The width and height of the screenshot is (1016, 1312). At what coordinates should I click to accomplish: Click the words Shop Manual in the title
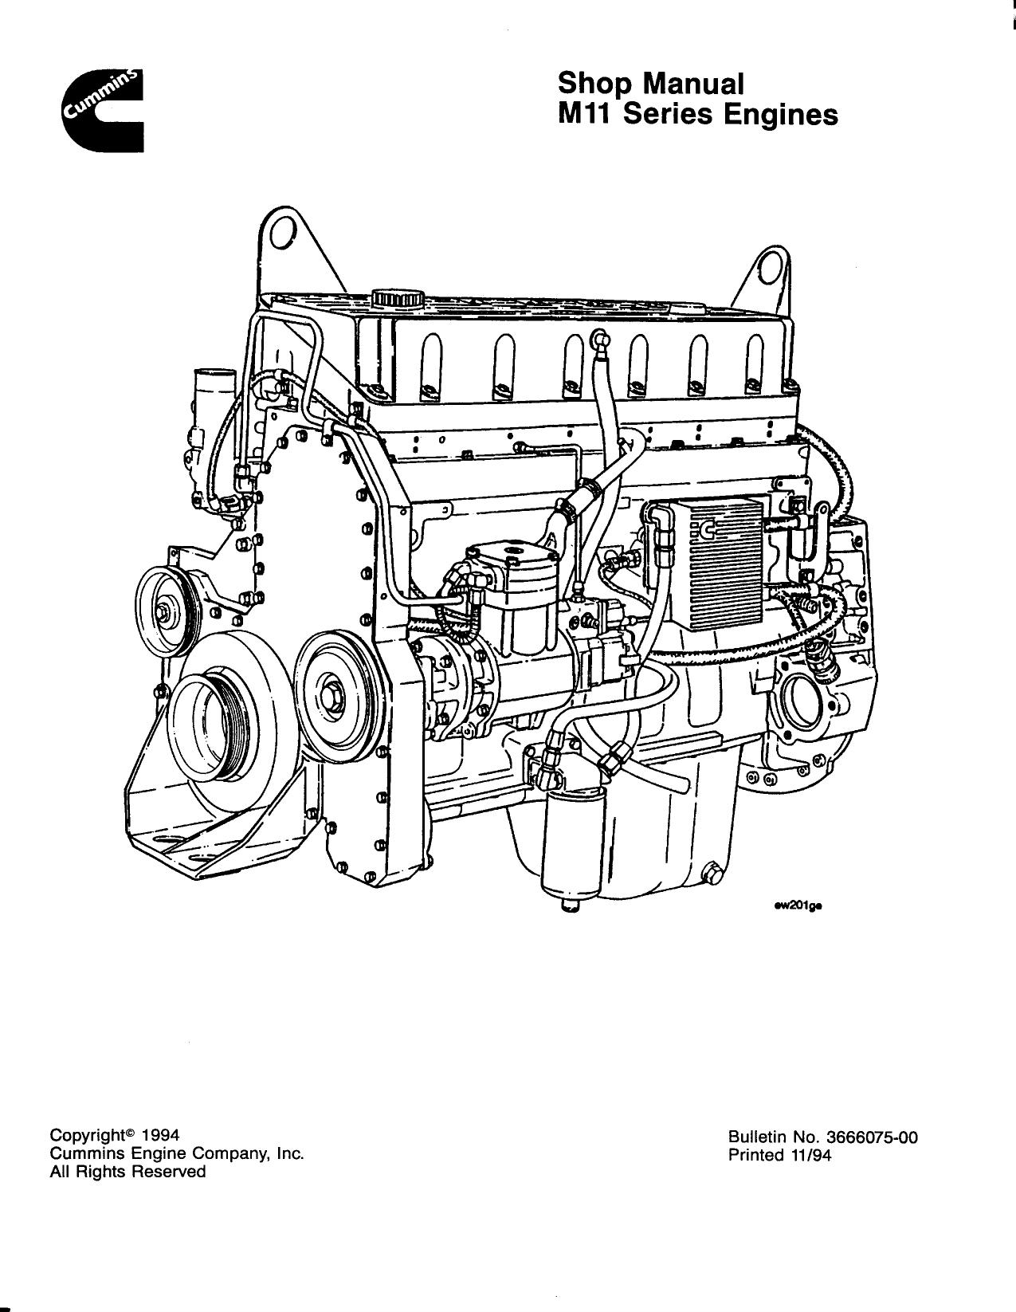pos(650,83)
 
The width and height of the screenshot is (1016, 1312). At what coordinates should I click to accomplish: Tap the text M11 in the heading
pos(585,115)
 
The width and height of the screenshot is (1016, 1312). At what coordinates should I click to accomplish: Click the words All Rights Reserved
pos(127,1172)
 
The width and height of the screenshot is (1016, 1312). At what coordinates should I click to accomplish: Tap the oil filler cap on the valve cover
pos(395,299)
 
